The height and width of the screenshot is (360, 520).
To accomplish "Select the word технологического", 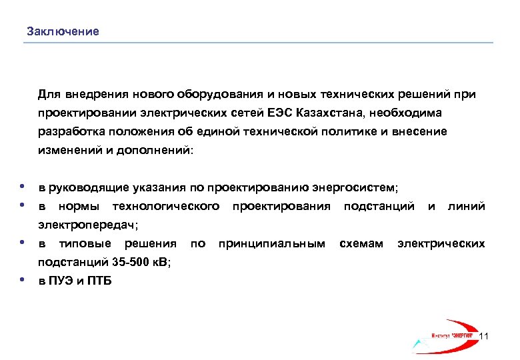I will coord(166,207).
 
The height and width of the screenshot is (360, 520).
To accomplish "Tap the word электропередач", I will coord(87,225).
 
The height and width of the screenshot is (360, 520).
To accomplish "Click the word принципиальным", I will coord(272,244).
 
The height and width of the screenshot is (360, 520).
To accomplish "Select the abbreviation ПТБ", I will coord(100,281).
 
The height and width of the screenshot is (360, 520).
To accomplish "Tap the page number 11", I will coord(485,336).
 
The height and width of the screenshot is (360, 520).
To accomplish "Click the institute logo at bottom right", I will coord(448,333).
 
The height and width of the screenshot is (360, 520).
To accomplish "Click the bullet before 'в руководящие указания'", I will coord(23,186).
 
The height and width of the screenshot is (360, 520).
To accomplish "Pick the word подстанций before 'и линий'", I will coord(379,207).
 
